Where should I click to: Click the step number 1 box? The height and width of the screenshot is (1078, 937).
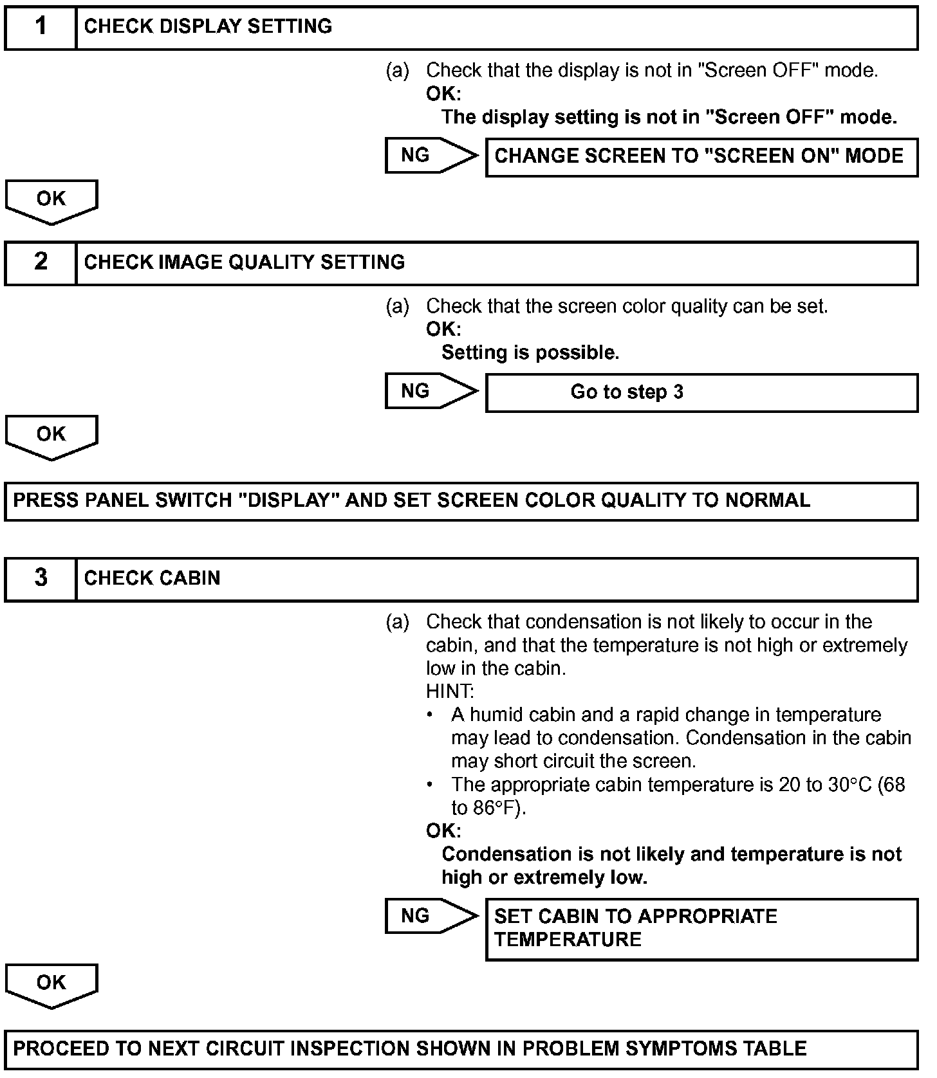click(x=41, y=27)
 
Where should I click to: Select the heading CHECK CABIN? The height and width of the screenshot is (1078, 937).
click(x=152, y=578)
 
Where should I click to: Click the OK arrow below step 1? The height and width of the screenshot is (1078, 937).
click(x=51, y=200)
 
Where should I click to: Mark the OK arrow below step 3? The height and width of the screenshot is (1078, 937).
click(x=51, y=984)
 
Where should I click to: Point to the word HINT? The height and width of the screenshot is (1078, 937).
click(x=450, y=692)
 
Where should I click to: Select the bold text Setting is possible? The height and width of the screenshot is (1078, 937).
click(x=530, y=353)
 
